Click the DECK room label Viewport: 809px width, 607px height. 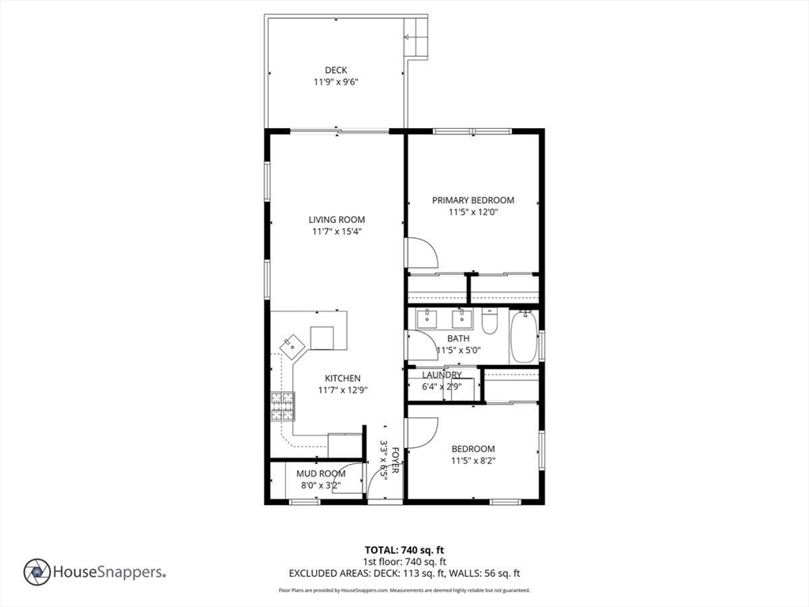(x=336, y=70)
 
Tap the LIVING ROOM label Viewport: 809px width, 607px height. (x=337, y=220)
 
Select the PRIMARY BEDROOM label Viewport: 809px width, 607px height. (x=473, y=200)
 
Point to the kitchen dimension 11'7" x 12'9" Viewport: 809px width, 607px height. (x=343, y=390)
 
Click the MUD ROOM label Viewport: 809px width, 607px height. (x=321, y=474)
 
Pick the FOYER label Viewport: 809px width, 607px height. (x=395, y=461)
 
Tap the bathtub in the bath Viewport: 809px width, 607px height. (x=525, y=336)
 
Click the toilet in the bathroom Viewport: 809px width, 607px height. (x=489, y=321)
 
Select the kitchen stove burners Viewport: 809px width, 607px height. (x=283, y=407)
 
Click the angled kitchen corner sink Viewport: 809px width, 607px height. (x=292, y=347)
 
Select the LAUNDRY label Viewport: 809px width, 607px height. (x=442, y=375)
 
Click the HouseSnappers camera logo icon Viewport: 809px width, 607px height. (x=37, y=572)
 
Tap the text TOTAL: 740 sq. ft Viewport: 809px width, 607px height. (x=404, y=550)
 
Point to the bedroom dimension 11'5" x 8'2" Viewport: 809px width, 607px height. (x=473, y=461)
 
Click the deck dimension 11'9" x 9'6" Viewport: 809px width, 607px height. (x=336, y=82)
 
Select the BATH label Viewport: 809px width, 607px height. (x=458, y=338)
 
